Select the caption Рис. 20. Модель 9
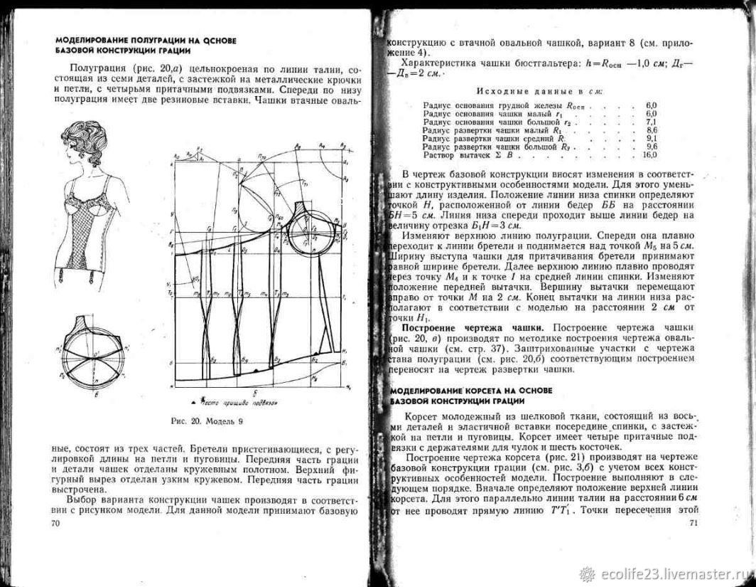pyautogui.click(x=207, y=421)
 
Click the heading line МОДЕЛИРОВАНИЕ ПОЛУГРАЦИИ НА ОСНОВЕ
pyautogui.click(x=146, y=41)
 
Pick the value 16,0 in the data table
pyautogui.click(x=649, y=154)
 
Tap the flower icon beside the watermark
pyautogui.click(x=587, y=573)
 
